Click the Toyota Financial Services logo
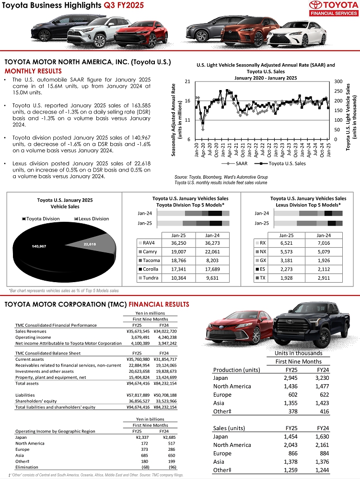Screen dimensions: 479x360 point(332,8)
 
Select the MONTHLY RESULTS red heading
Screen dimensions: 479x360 point(31,71)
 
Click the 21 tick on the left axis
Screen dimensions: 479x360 point(187,82)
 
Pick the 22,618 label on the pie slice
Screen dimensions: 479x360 point(90,244)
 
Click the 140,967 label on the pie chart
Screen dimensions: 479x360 point(39,246)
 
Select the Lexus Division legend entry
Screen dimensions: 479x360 point(93,219)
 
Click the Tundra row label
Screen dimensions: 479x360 point(150,278)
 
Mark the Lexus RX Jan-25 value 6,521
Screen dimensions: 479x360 point(287,243)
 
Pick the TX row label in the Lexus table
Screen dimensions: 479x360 point(263,278)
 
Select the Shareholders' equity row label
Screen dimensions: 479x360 point(35,401)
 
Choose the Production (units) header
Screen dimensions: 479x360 point(236,370)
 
